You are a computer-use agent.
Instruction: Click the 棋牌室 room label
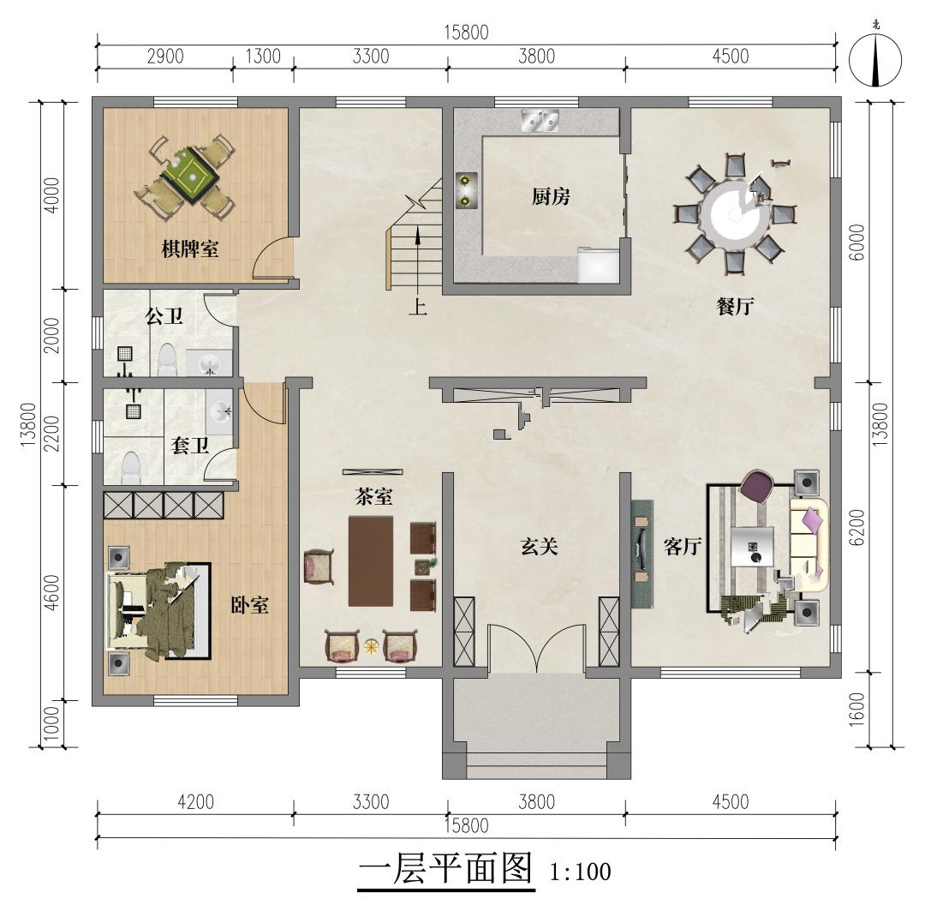[190, 249]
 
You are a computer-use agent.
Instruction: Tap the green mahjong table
[191, 176]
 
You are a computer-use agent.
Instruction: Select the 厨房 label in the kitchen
[551, 196]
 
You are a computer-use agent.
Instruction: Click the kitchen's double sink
[540, 121]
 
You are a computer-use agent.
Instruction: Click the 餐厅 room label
[735, 306]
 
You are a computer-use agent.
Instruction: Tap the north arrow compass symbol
[875, 59]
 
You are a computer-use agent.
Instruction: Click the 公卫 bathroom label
[164, 316]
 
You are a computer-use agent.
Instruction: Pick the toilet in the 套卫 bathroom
[129, 468]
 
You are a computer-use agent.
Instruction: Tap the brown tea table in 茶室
[371, 561]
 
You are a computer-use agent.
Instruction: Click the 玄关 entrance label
[540, 546]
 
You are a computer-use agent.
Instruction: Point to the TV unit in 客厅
[642, 554]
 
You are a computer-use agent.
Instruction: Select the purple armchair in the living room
[756, 487]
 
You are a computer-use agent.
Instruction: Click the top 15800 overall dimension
[466, 33]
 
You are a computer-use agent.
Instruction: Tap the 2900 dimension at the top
[165, 57]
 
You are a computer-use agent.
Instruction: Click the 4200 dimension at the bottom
[195, 802]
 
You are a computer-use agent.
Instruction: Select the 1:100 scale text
[581, 872]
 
